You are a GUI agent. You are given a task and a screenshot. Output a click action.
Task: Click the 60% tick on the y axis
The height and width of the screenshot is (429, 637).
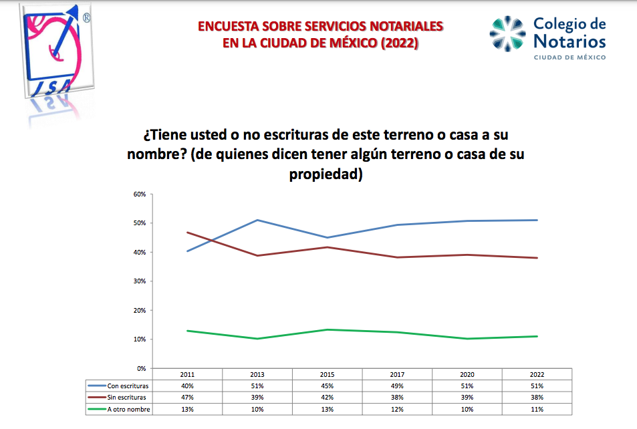[140, 194]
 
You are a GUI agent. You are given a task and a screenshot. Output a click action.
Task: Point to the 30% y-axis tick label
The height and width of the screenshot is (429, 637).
[140, 281]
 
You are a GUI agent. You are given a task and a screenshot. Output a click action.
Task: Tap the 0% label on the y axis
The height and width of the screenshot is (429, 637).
[141, 368]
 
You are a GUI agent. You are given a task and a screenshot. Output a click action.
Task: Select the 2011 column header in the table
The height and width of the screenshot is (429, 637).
[187, 375]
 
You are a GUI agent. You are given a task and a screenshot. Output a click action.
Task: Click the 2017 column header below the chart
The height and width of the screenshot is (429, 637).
[398, 375]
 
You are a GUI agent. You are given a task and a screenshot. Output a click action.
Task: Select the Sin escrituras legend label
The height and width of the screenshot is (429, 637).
[128, 398]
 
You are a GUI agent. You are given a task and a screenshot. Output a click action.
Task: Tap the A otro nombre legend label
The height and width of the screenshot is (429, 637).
[129, 409]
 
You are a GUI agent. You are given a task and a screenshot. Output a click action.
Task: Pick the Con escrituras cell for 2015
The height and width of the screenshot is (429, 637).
[328, 386]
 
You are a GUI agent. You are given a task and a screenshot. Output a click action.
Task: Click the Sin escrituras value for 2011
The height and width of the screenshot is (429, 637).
[187, 398]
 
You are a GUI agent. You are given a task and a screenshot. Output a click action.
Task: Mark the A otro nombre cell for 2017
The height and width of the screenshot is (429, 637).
[398, 409]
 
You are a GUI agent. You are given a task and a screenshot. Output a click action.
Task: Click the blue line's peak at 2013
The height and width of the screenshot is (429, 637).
[257, 220]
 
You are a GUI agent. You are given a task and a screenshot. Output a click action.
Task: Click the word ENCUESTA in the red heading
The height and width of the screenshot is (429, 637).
[227, 27]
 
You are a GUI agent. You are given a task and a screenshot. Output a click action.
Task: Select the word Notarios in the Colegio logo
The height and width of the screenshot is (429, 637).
[569, 42]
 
